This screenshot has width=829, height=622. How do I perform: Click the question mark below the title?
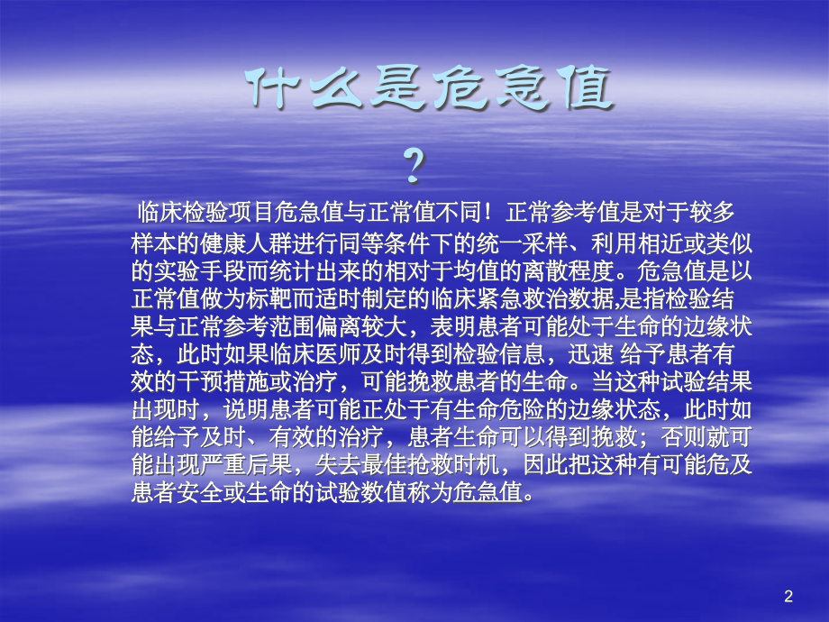click(x=413, y=167)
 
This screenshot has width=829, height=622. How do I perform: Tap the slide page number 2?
click(x=789, y=596)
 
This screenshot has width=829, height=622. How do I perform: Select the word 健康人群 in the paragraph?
click(x=251, y=244)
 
